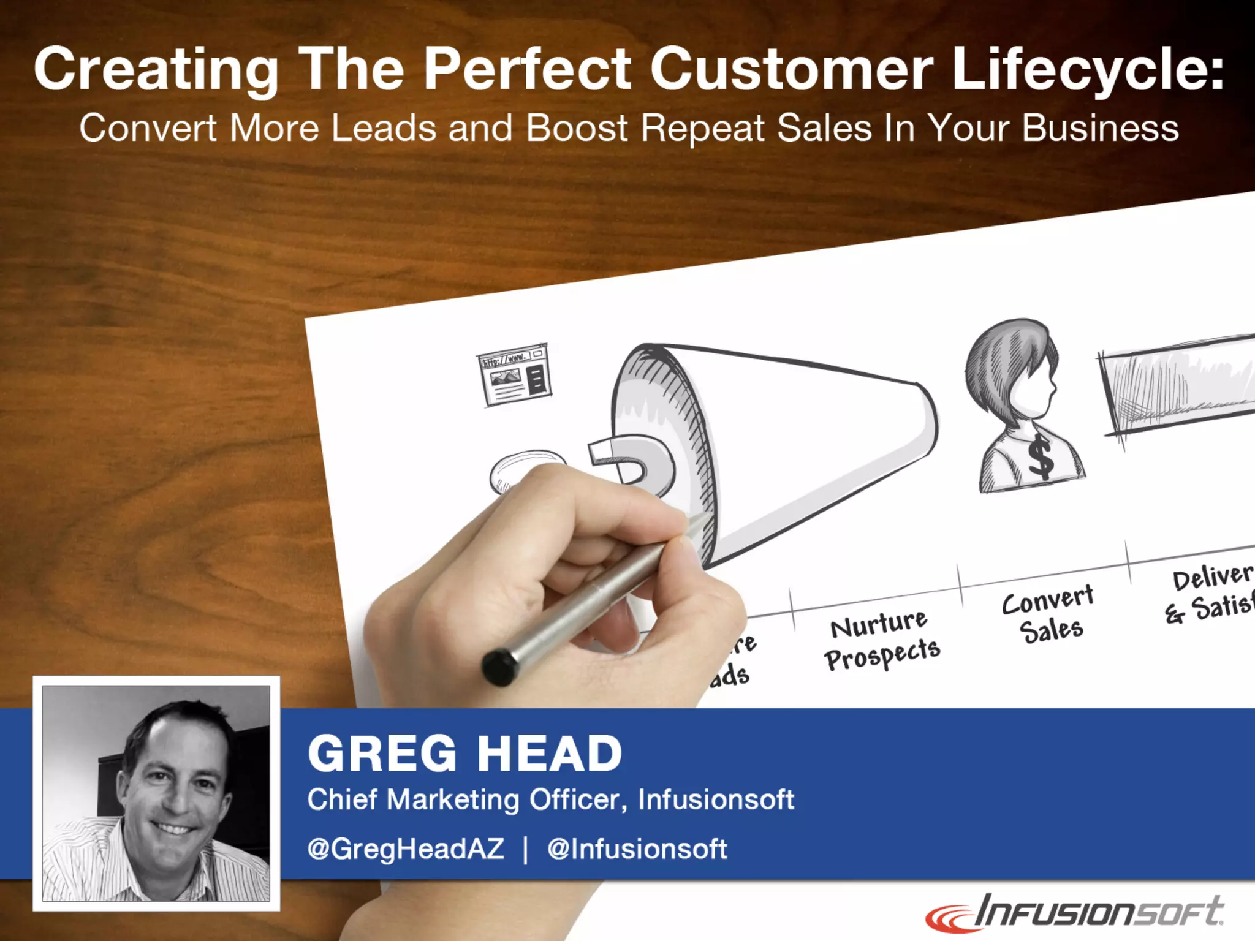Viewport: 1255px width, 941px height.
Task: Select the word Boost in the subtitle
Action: [x=576, y=128]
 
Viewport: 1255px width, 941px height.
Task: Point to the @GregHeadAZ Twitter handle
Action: [x=406, y=849]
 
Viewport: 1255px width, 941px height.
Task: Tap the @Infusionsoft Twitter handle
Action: [x=637, y=849]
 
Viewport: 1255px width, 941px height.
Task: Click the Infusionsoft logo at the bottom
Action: [x=1075, y=913]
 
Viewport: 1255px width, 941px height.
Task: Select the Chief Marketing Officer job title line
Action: [x=550, y=799]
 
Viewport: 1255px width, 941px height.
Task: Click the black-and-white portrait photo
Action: [x=156, y=793]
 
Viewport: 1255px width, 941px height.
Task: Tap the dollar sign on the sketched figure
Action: [x=1040, y=456]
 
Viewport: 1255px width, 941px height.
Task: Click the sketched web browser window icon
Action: [x=514, y=375]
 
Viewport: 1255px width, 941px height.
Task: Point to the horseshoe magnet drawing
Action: [x=631, y=463]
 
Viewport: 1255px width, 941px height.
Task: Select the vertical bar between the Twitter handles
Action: [x=525, y=850]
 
